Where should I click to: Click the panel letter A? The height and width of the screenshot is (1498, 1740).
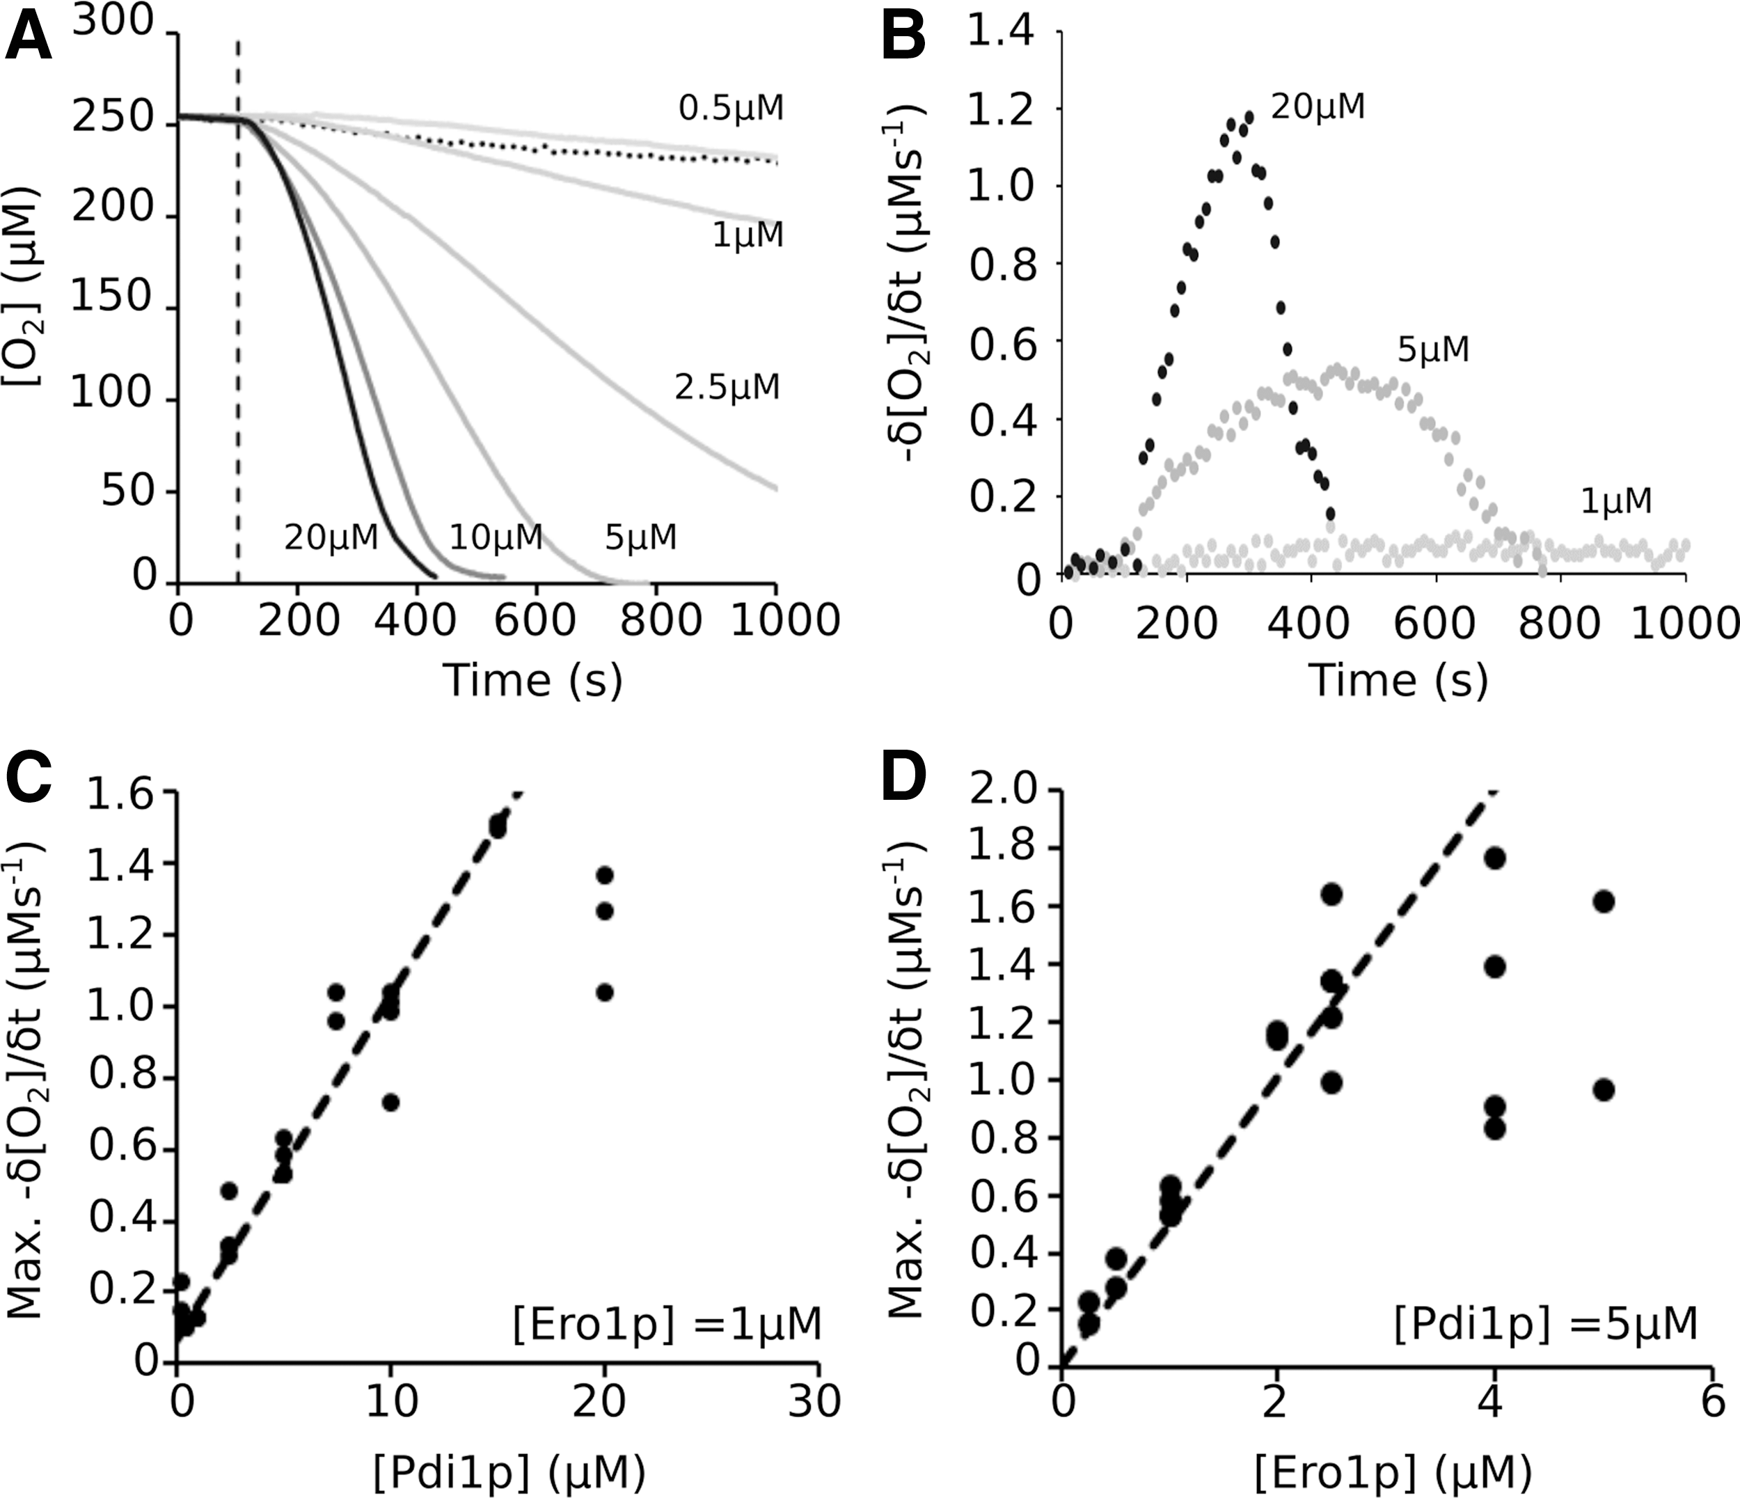29,38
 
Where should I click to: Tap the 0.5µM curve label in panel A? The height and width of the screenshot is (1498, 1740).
731,109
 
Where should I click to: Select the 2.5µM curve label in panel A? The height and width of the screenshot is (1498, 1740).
727,387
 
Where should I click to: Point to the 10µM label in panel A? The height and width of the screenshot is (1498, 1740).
496,537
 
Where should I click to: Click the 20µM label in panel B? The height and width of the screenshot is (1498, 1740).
1318,107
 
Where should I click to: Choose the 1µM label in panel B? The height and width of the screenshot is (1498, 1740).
1615,501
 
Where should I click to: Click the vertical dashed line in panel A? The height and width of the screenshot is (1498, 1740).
239,310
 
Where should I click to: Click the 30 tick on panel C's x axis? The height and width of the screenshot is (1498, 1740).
816,1401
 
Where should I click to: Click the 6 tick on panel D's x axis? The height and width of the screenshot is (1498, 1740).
1711,1401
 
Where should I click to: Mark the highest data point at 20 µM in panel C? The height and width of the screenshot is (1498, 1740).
605,875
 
